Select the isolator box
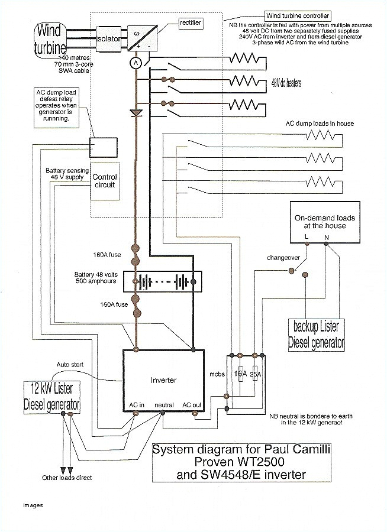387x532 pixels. tap(108, 38)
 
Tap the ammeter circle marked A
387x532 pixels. tap(136, 62)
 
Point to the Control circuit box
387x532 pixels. tap(105, 181)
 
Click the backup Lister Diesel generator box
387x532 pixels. tap(317, 334)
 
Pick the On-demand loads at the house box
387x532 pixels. tap(325, 222)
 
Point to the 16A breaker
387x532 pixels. tap(240, 374)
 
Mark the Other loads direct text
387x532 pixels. tap(66, 478)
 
